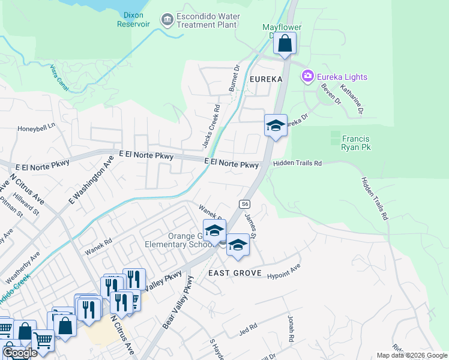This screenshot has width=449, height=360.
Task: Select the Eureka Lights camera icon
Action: [x=308, y=76]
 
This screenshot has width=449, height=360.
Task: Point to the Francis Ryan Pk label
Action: [x=360, y=142]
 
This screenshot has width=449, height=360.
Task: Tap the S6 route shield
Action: [x=244, y=204]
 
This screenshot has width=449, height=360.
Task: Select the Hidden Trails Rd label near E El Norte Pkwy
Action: [x=298, y=163]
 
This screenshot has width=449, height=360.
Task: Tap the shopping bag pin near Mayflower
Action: [x=286, y=43]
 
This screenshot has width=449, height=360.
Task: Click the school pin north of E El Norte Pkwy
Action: [x=276, y=125]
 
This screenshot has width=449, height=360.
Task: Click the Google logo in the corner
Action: [x=20, y=353]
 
